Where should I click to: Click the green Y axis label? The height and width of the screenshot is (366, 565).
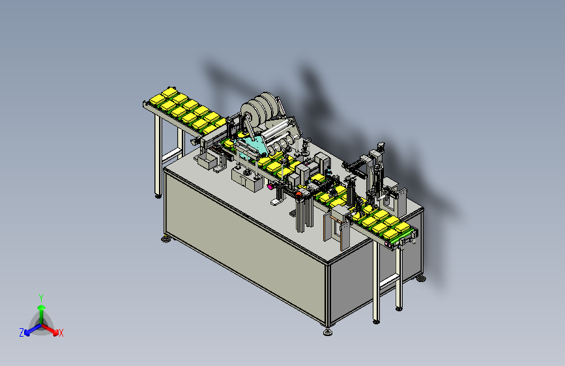tap(41, 298)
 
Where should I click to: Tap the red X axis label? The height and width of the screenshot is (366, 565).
tap(61, 333)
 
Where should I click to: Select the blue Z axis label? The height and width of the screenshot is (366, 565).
tap(22, 333)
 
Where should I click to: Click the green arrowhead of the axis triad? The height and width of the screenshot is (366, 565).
tap(42, 307)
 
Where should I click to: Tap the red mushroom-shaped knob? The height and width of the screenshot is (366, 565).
tap(298, 195)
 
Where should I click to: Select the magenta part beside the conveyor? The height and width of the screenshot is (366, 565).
tap(270, 186)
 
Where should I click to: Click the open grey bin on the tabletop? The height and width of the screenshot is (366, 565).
tap(207, 162)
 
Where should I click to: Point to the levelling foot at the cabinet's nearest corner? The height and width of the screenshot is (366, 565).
tap(328, 331)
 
